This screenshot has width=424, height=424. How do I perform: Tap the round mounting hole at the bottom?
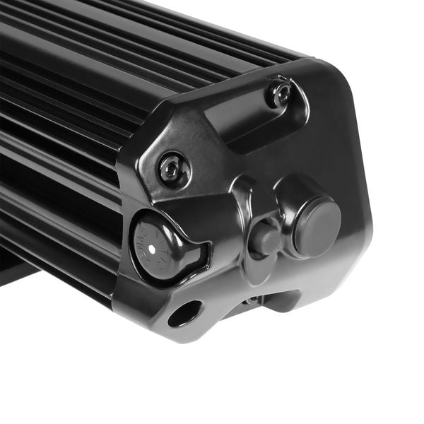coord(185,314)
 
